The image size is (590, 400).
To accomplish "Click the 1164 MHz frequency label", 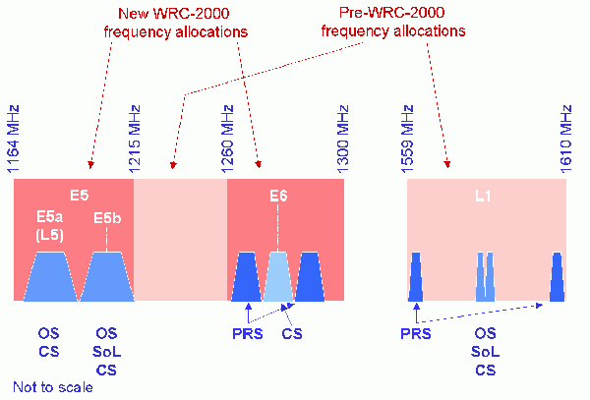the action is click(13, 140).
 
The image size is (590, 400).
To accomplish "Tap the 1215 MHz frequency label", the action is click(135, 140).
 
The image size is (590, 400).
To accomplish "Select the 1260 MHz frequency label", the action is click(227, 140).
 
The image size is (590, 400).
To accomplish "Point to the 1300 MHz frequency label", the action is click(343, 140).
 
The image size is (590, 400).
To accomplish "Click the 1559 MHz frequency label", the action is click(407, 140).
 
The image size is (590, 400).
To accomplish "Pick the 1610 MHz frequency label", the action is click(566, 140).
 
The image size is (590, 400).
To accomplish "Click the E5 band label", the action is click(80, 196).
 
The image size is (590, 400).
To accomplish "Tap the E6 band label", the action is click(278, 196).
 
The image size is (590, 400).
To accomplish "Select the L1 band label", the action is click(483, 196).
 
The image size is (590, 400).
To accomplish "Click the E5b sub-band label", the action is click(107, 218).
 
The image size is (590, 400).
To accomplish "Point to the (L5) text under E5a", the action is click(50, 235).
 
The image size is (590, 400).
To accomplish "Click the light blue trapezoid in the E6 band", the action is click(278, 276).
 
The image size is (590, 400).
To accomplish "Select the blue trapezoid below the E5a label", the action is click(50, 276).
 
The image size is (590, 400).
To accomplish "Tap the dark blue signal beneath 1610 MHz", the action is click(558, 277).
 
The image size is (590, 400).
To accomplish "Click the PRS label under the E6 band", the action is click(248, 334).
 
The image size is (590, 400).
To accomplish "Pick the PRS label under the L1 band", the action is click(416, 334).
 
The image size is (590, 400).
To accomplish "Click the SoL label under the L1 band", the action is click(486, 352).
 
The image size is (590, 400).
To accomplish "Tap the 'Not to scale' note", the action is click(53, 387).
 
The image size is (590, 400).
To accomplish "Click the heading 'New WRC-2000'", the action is click(174, 14).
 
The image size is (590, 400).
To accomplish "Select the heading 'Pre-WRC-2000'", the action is click(391, 13).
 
